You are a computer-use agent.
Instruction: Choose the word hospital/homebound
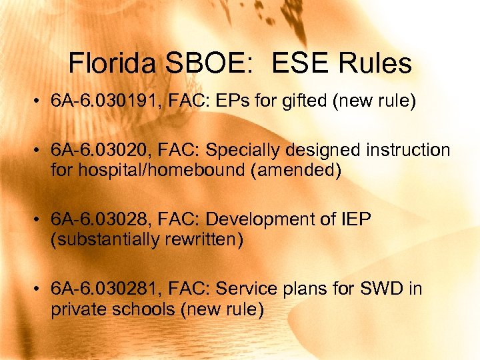(150, 170)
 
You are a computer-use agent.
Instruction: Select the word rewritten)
(201, 239)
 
